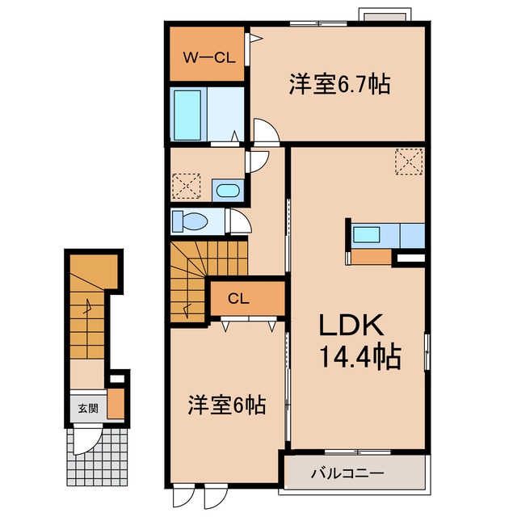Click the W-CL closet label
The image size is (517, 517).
click(209, 58)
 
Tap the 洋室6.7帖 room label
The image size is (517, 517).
click(340, 84)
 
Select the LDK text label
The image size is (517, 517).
click(351, 325)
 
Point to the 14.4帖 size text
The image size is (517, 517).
click(360, 356)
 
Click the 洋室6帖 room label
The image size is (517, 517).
click(227, 405)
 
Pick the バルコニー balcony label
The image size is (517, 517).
click(348, 473)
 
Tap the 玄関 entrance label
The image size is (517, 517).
click(88, 409)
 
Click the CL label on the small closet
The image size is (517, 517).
click(238, 299)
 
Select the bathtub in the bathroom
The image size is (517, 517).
click(187, 115)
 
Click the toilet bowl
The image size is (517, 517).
click(191, 221)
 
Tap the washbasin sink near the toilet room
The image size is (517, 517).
click(228, 191)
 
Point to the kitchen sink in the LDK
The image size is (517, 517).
click(366, 235)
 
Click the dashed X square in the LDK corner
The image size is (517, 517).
click(409, 162)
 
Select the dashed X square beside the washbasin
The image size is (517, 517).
click(187, 187)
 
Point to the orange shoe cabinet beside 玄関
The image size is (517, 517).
click(116, 404)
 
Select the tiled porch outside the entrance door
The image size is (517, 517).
click(98, 456)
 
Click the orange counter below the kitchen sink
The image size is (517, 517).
click(372, 257)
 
